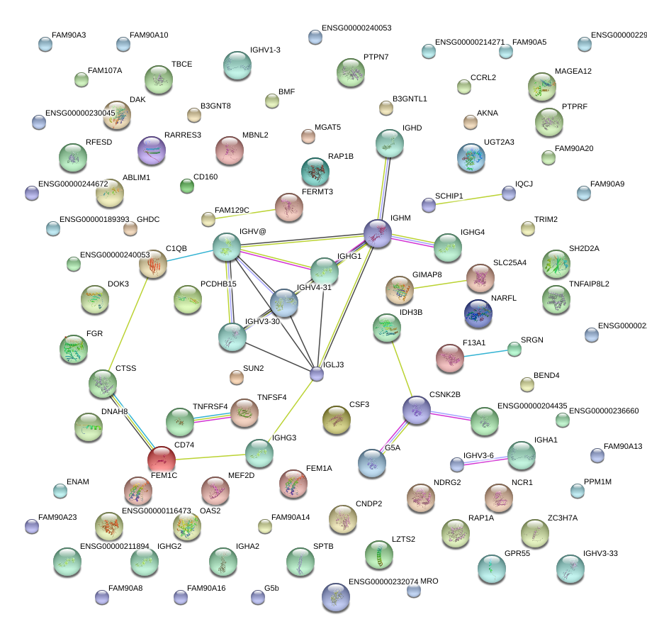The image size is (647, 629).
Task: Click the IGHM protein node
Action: tap(378, 233)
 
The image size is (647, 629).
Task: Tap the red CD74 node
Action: tap(161, 460)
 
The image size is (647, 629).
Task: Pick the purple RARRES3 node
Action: tap(151, 150)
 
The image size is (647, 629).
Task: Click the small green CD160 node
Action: tap(187, 186)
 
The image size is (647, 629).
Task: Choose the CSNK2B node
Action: tap(416, 410)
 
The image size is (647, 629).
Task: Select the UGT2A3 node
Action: tap(471, 157)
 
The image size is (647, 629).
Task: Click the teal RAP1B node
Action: tap(315, 171)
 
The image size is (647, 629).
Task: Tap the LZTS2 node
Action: tap(378, 554)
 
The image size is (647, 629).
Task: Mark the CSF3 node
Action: tap(336, 420)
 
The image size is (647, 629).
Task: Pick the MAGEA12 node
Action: tap(542, 87)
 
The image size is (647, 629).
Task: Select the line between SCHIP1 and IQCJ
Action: tap(468, 199)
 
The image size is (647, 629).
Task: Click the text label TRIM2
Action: tap(546, 220)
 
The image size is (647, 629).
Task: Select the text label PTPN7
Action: tap(376, 57)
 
